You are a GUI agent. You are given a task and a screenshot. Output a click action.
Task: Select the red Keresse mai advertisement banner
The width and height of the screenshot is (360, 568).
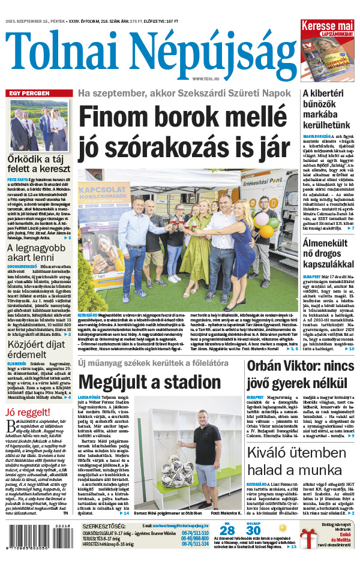327,28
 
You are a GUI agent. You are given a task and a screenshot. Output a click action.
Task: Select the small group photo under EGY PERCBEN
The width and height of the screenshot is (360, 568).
39,125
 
